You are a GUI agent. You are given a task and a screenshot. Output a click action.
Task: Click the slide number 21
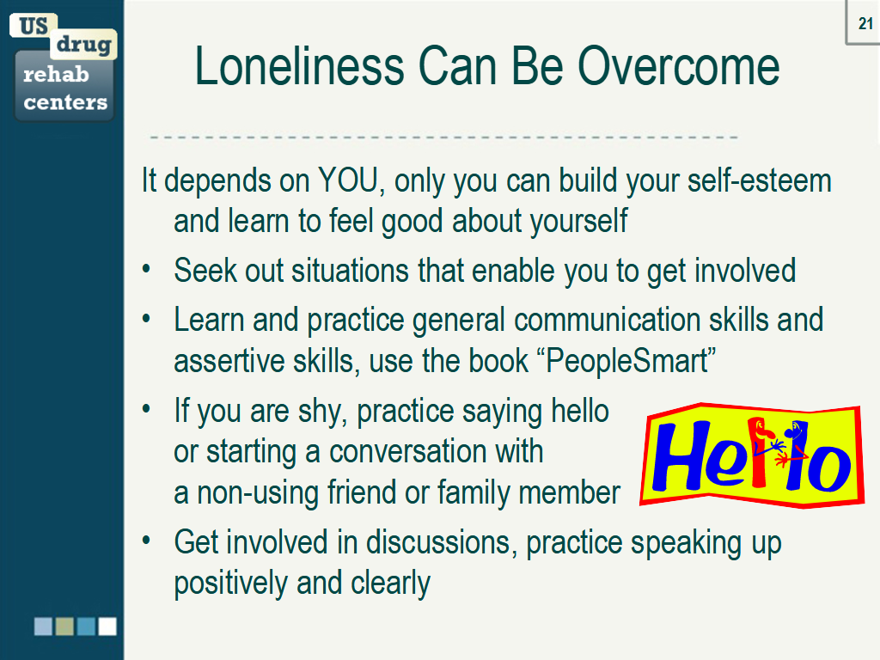click(x=865, y=24)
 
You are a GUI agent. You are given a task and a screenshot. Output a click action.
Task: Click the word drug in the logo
click(x=83, y=44)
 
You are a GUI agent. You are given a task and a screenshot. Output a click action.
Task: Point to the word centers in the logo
click(x=65, y=102)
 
